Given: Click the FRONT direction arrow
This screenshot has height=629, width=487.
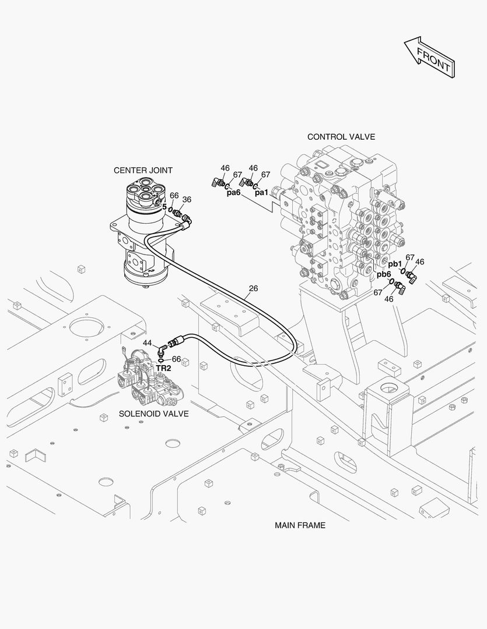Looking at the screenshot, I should tap(429, 56).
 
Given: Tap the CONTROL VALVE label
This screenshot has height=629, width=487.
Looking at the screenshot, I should tap(341, 137).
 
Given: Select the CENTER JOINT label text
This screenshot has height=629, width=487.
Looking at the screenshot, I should tap(143, 170).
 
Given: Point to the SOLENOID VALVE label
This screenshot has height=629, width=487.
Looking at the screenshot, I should tap(153, 414).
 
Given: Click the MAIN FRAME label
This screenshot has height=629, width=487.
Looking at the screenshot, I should tap(300, 525).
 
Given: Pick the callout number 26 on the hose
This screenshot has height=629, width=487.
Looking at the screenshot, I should tap(253, 288).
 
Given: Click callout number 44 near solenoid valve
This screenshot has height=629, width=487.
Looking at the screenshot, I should tap(147, 343).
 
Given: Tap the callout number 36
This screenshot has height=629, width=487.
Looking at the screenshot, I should tap(186, 199).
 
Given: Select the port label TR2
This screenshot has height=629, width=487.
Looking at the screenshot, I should tap(163, 368).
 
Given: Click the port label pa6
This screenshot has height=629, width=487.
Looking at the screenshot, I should tap(233, 193).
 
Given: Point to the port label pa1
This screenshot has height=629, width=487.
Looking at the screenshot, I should tap(261, 193).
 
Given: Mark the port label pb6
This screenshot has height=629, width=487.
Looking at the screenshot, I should tap(383, 274).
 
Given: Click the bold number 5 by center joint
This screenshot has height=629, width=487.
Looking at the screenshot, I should tap(164, 207).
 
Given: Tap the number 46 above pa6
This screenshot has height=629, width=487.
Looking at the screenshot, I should tap(225, 168).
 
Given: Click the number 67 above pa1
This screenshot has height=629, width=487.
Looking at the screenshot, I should tap(265, 175).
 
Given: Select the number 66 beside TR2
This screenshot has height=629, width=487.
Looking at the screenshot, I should tap(176, 359).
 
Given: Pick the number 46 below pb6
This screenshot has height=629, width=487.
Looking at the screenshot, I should tap(388, 299).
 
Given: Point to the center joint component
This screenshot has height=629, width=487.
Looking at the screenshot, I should tap(143, 233).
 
